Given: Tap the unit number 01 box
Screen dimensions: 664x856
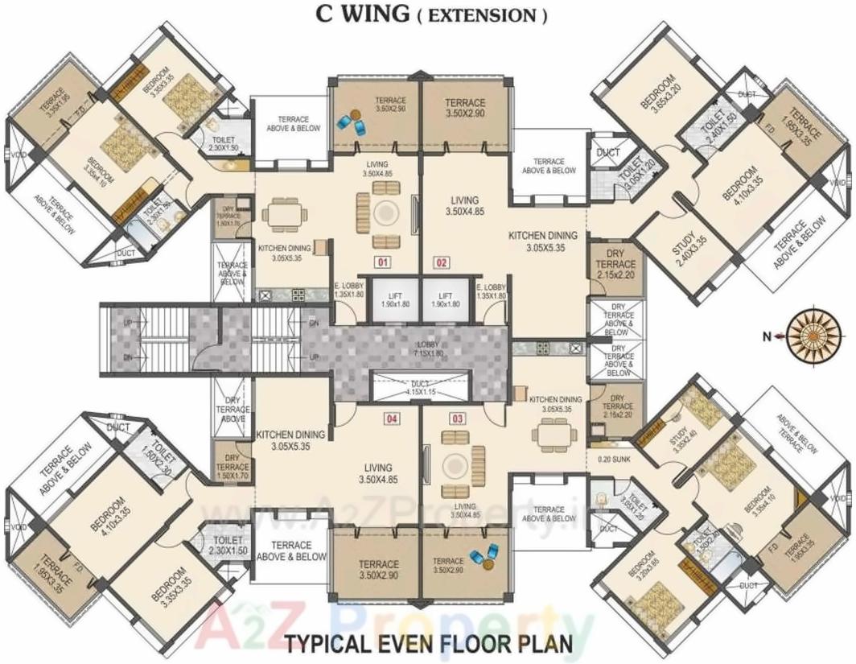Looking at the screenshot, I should click(382, 262).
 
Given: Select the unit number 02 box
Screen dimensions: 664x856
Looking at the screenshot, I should click(442, 262).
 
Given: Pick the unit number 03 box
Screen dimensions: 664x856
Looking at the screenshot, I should click(458, 419).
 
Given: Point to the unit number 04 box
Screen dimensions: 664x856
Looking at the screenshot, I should click(392, 419).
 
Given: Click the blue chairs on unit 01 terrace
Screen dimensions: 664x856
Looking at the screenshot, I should click(351, 122).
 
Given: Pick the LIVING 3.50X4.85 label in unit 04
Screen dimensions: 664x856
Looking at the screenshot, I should click(377, 472).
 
